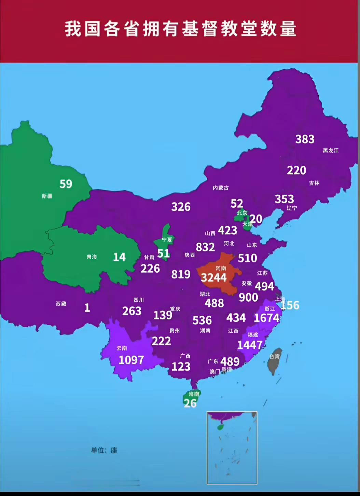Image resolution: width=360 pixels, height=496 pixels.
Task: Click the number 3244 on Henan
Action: pyautogui.click(x=214, y=278)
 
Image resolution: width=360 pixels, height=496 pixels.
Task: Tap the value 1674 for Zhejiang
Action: pyautogui.click(x=266, y=318)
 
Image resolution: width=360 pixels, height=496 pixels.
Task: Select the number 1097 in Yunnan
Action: pyautogui.click(x=131, y=360)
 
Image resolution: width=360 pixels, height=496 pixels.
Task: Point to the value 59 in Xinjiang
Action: pyautogui.click(x=66, y=184)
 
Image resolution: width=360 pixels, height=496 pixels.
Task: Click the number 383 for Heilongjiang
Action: pyautogui.click(x=305, y=139)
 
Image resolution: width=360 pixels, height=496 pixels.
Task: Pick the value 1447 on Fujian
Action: pyautogui.click(x=250, y=345)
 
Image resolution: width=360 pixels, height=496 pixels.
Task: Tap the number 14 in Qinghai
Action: pyautogui.click(x=119, y=257)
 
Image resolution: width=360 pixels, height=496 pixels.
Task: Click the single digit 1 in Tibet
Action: pyautogui.click(x=87, y=308)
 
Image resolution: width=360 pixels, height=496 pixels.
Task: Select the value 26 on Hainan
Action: pyautogui.click(x=190, y=403)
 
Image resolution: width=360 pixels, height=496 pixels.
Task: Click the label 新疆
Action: pyautogui.click(x=47, y=196)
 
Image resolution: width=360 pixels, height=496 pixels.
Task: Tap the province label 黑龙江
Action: pyautogui.click(x=331, y=150)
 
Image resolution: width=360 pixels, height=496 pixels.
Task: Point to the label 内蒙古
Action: pyautogui.click(x=221, y=188)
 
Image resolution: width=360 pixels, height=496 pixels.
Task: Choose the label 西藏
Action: pyautogui.click(x=61, y=304)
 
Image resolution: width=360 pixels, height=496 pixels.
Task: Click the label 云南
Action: pyautogui.click(x=122, y=348)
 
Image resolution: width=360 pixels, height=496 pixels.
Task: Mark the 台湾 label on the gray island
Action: pyautogui.click(x=275, y=357)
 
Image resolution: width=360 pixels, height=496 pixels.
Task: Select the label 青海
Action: pyautogui.click(x=92, y=257)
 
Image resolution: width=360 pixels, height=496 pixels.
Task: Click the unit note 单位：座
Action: pyautogui.click(x=104, y=450)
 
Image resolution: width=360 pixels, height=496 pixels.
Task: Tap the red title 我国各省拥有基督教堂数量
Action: pyautogui.click(x=180, y=29)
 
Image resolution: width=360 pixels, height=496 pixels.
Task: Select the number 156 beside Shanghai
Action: pyautogui.click(x=290, y=305)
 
